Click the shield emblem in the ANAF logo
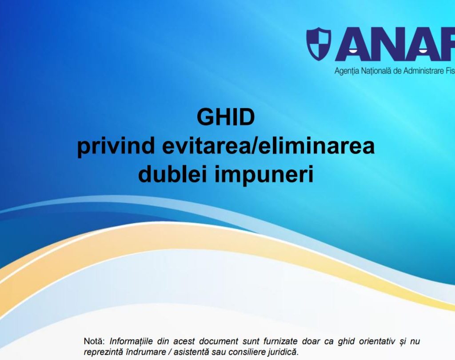pos(319,44)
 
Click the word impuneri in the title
pos(264,176)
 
